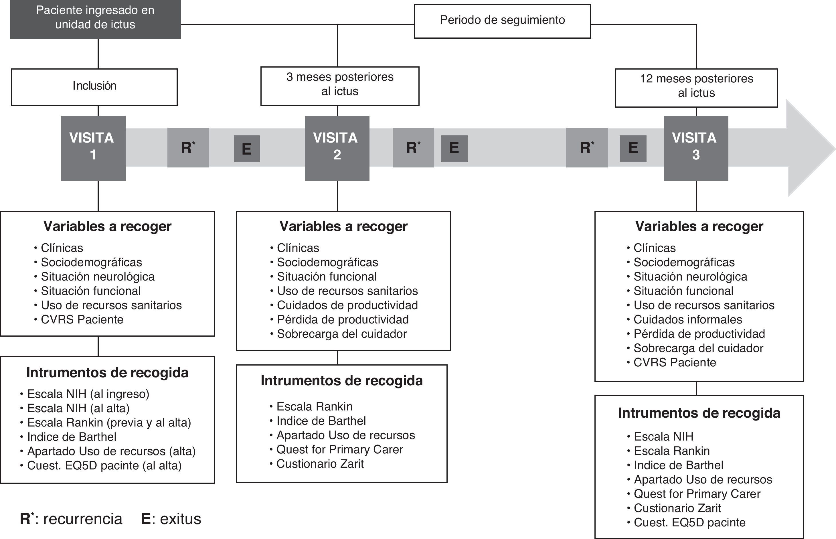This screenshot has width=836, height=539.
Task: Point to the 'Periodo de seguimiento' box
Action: point(502,20)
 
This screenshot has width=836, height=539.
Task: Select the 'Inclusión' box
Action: point(94,86)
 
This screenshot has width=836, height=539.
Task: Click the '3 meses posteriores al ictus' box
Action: point(339,85)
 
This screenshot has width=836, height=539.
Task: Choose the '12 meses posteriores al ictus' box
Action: point(696,87)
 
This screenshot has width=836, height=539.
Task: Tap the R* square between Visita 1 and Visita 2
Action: point(188,148)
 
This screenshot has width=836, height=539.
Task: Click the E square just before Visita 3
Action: point(633,148)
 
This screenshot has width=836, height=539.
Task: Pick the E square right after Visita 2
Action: point(454,148)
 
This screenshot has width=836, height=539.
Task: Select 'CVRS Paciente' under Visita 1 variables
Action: point(82,319)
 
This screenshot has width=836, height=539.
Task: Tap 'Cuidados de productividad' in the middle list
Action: point(347,305)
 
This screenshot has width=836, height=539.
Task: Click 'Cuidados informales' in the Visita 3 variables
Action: point(688,319)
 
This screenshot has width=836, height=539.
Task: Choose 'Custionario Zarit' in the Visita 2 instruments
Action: point(320,464)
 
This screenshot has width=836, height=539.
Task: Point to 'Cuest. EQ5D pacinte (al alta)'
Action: point(104,465)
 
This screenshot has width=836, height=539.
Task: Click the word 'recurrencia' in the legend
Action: point(83,519)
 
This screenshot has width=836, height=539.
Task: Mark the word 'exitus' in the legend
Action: point(180,519)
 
